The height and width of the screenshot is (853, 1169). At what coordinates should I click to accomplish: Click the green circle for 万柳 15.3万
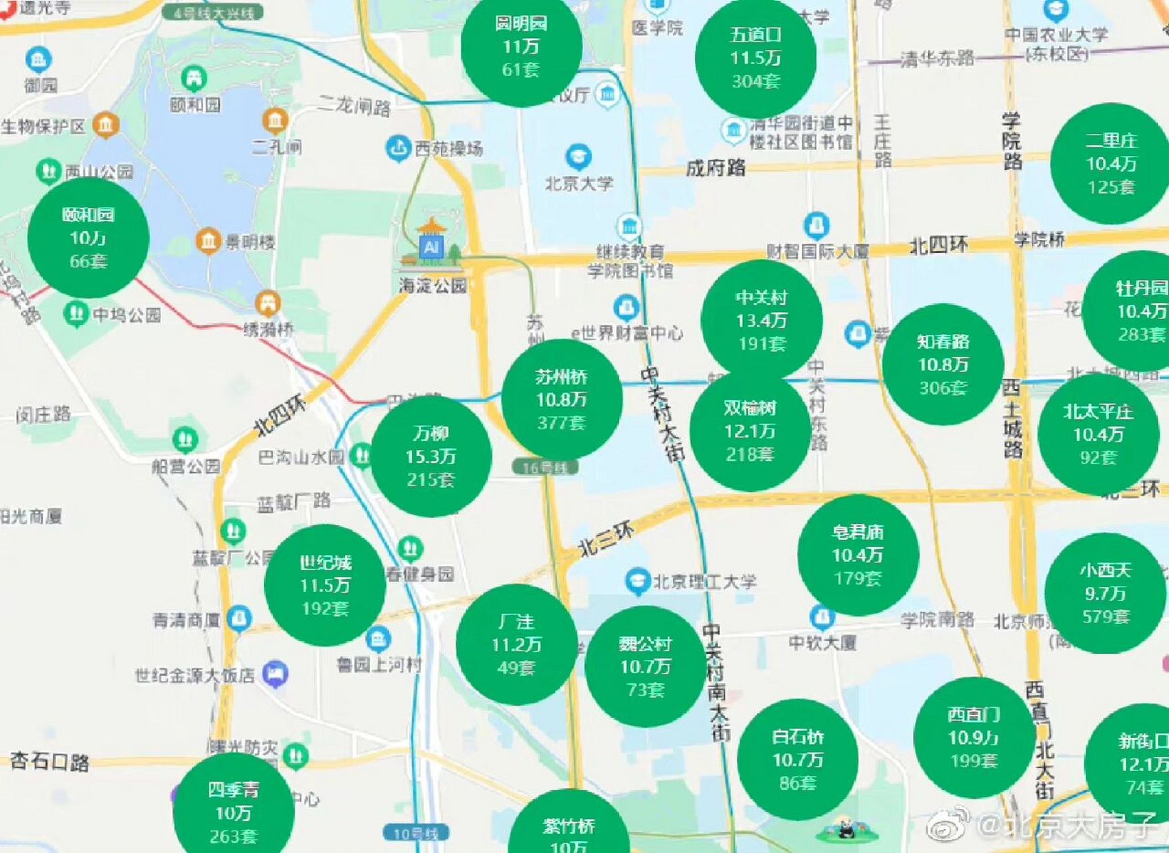(431, 456)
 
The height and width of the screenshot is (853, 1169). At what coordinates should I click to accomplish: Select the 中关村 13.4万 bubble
(761, 321)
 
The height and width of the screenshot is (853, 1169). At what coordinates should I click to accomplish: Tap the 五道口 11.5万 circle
(755, 59)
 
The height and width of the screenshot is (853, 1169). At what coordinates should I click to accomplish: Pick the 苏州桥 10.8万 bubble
(561, 399)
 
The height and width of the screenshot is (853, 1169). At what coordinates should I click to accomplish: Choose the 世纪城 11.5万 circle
(325, 586)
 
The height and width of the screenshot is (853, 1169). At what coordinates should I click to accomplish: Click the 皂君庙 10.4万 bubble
(858, 555)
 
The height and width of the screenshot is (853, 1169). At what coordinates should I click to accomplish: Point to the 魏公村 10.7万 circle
(645, 666)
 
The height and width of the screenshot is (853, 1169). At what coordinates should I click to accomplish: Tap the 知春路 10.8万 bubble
(942, 365)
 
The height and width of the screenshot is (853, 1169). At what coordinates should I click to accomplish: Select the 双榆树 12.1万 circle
(750, 431)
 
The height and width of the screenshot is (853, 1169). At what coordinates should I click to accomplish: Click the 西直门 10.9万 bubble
(974, 738)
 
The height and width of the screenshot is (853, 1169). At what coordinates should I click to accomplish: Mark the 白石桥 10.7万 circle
(797, 760)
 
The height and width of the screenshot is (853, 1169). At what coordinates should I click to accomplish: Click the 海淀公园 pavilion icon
(432, 244)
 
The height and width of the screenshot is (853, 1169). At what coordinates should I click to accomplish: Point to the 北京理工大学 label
(704, 582)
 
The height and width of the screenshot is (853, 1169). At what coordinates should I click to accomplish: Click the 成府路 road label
(715, 167)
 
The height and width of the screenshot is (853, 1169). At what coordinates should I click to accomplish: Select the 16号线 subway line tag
(545, 468)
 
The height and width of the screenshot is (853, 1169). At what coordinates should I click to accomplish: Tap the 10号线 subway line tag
(415, 833)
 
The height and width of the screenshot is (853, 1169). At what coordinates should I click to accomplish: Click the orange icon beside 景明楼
(209, 241)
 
